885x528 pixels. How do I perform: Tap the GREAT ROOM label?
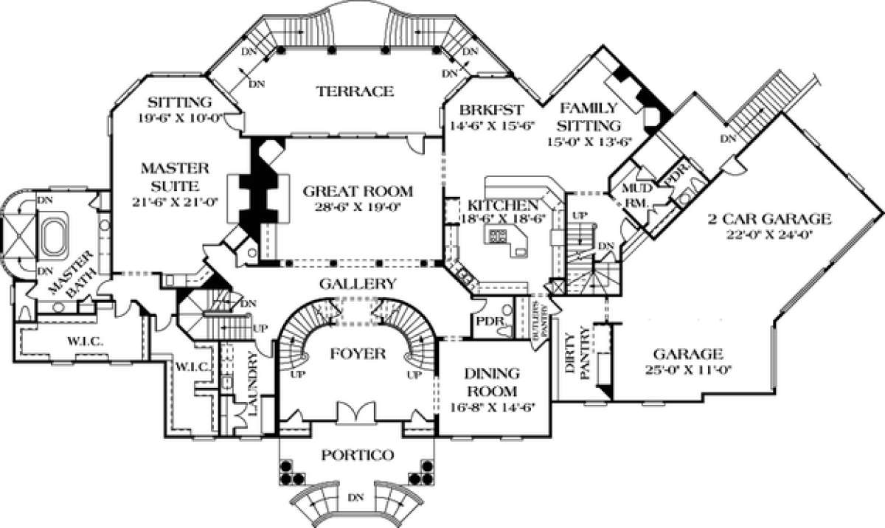click(x=358, y=190)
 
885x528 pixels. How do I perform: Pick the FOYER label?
click(x=358, y=354)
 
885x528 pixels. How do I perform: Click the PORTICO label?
click(x=356, y=454)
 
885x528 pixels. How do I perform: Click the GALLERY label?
click(x=358, y=283)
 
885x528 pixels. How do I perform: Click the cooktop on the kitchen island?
click(x=496, y=236)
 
